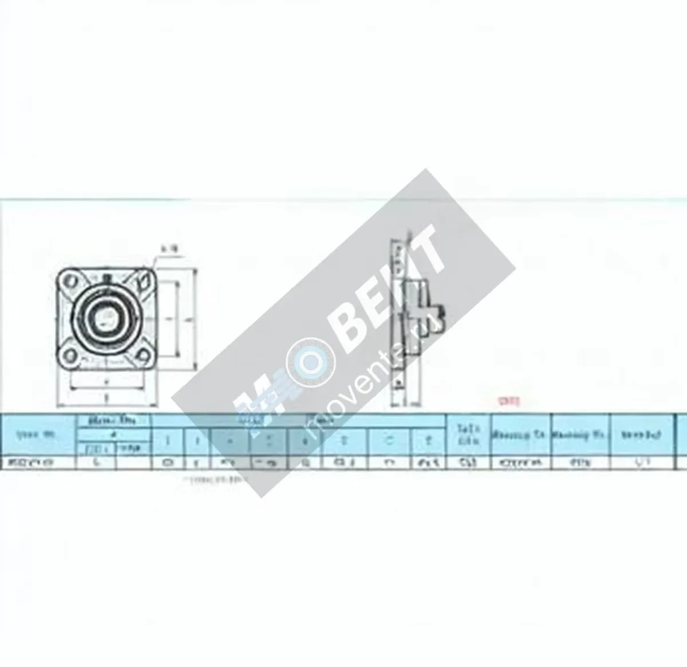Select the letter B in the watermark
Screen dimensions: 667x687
tap(349, 321)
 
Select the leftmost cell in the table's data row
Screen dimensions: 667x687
tap(39, 462)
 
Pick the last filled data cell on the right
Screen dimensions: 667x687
tap(641, 462)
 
